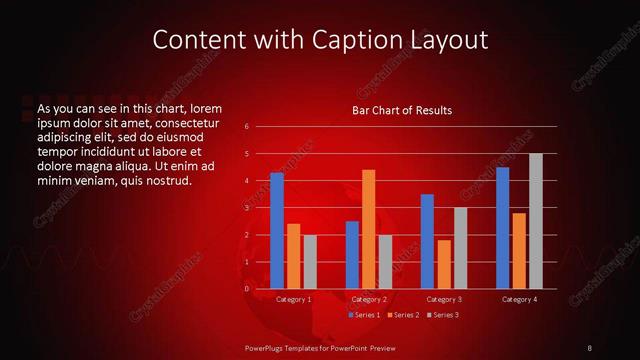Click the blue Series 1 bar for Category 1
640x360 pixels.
277,230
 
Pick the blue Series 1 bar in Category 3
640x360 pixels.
427,241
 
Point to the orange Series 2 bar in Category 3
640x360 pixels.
443,264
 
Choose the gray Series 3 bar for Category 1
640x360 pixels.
309,261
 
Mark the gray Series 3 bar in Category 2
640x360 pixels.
384,261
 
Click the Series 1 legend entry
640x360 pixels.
364,315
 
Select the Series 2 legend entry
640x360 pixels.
403,315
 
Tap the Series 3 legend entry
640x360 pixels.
442,315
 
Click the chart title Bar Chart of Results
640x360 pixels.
402,110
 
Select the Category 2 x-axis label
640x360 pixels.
368,299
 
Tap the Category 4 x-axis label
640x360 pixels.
518,299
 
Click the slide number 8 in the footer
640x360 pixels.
590,347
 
